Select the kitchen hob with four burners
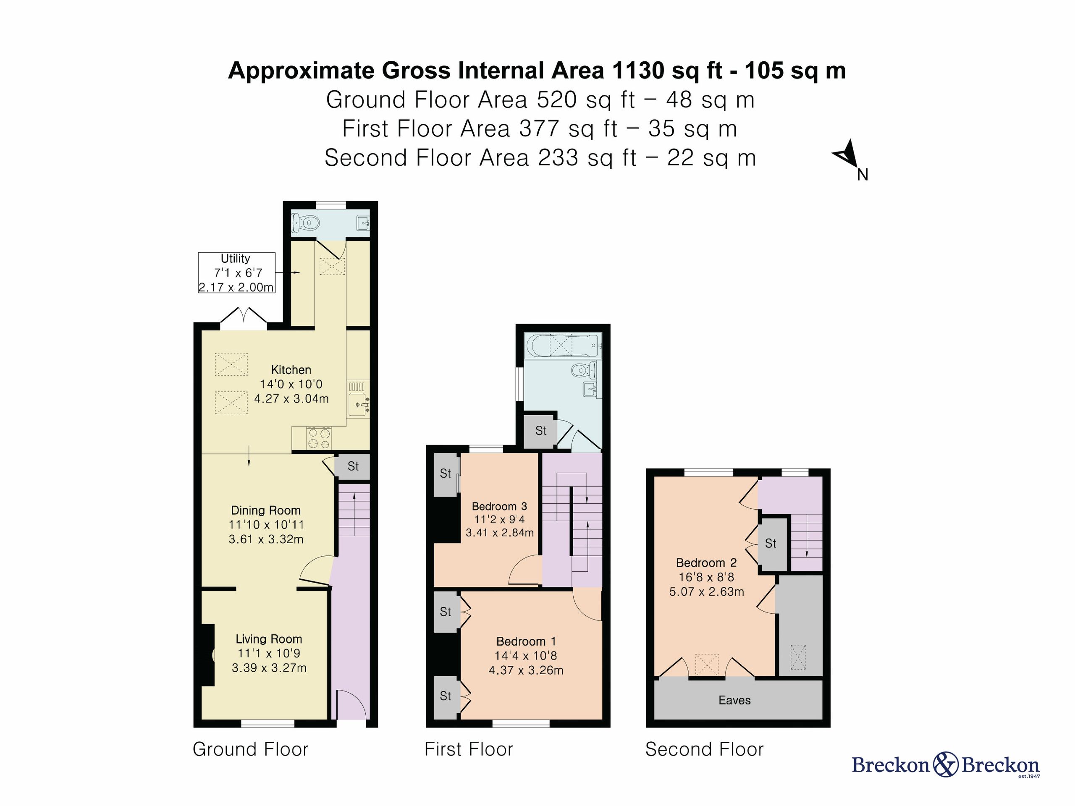(319, 438)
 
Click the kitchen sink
(359, 405)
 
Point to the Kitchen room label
(291, 370)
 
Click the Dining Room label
(265, 510)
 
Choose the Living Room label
(269, 639)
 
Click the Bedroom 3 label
(500, 507)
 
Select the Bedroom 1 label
(526, 642)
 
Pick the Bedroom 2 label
(706, 563)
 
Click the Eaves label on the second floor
(734, 701)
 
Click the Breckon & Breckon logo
(946, 765)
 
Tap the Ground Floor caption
(250, 750)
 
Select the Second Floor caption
(704, 750)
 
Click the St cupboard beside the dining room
(353, 467)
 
